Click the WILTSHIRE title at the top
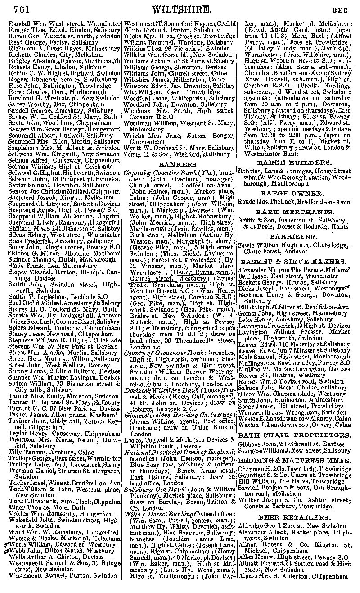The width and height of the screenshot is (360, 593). [181, 9]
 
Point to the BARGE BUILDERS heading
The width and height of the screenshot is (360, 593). [294, 163]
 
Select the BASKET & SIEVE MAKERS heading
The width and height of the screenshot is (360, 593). [293, 261]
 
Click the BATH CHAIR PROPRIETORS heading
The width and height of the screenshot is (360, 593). [294, 435]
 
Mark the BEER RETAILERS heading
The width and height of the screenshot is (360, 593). [294, 517]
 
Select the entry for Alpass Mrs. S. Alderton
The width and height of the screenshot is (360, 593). [293, 575]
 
